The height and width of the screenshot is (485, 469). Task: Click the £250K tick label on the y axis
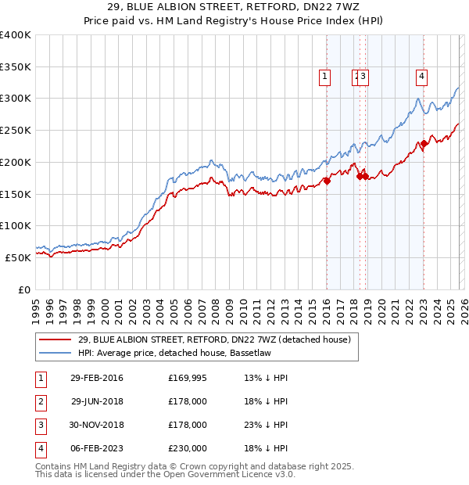(16, 131)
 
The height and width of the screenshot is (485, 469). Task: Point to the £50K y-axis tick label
(18, 257)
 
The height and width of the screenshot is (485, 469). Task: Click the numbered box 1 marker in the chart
(324, 76)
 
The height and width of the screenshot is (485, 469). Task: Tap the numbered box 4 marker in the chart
(421, 76)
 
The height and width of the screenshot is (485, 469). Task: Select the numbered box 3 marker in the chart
(364, 76)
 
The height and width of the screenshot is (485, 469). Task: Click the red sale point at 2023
(423, 143)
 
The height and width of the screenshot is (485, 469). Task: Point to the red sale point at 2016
(328, 181)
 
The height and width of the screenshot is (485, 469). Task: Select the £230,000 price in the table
(188, 449)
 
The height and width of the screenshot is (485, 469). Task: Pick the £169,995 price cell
(188, 379)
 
